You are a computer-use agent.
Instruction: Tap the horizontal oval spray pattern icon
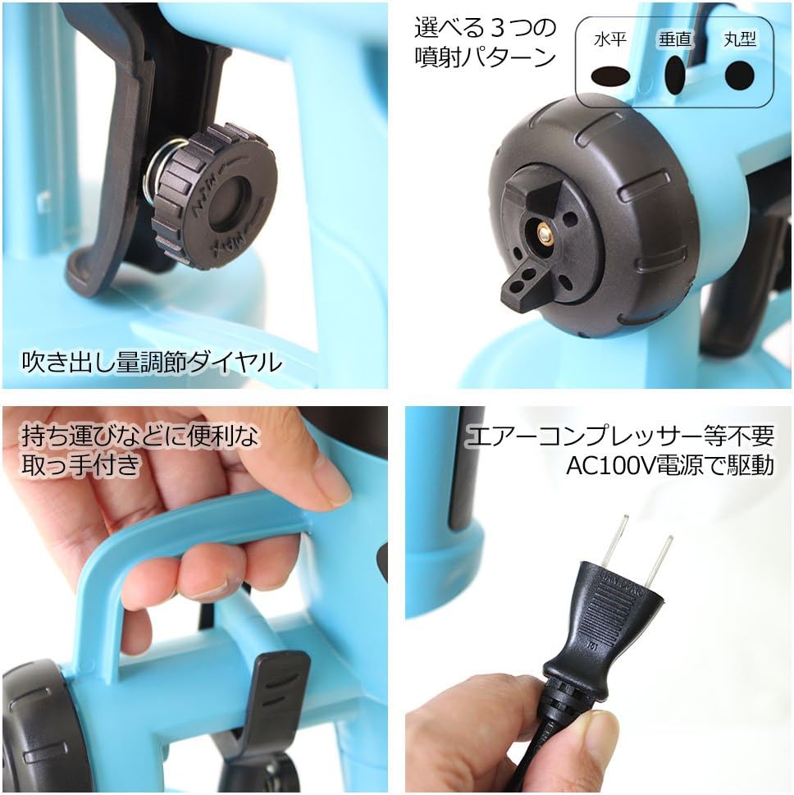pyautogui.click(x=610, y=76)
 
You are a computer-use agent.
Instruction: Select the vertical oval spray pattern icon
pyautogui.click(x=675, y=74)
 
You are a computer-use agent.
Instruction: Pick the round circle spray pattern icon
pyautogui.click(x=739, y=75)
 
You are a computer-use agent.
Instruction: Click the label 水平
pyautogui.click(x=610, y=39)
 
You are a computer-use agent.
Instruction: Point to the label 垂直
pyautogui.click(x=675, y=39)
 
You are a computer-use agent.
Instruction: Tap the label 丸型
pyautogui.click(x=740, y=39)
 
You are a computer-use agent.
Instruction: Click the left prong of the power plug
pyautogui.click(x=614, y=543)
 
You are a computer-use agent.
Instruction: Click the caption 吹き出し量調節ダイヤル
pyautogui.click(x=152, y=362)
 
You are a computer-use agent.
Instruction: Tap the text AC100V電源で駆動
pyautogui.click(x=670, y=465)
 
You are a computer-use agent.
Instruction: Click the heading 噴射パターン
pyautogui.click(x=486, y=57)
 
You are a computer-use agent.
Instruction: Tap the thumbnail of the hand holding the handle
pyautogui.click(x=195, y=600)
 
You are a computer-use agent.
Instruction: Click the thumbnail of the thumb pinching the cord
pyautogui.click(x=598, y=600)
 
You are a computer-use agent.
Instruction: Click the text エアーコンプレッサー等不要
pyautogui.click(x=619, y=436)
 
